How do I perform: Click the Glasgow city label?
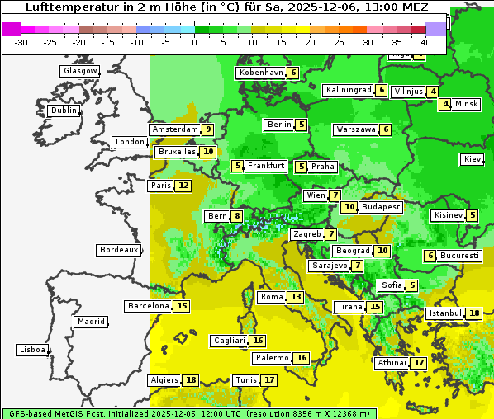click(x=80, y=71)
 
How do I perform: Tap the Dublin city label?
click(x=64, y=111)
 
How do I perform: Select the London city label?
click(x=130, y=142)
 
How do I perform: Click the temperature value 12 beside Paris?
click(x=183, y=186)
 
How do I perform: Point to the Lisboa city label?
click(x=32, y=350)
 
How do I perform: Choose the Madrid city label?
click(x=91, y=322)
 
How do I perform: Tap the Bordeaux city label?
click(x=118, y=249)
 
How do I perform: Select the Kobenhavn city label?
click(x=261, y=73)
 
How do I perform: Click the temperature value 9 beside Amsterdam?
click(x=208, y=129)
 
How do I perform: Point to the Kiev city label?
click(x=473, y=159)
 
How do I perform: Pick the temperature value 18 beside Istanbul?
click(x=474, y=313)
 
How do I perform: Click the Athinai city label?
click(x=392, y=363)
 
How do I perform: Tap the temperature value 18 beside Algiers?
click(x=192, y=380)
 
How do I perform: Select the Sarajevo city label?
click(x=330, y=266)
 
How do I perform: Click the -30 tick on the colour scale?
click(x=21, y=41)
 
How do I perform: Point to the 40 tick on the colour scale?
click(x=425, y=41)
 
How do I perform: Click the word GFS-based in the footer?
click(x=26, y=412)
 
